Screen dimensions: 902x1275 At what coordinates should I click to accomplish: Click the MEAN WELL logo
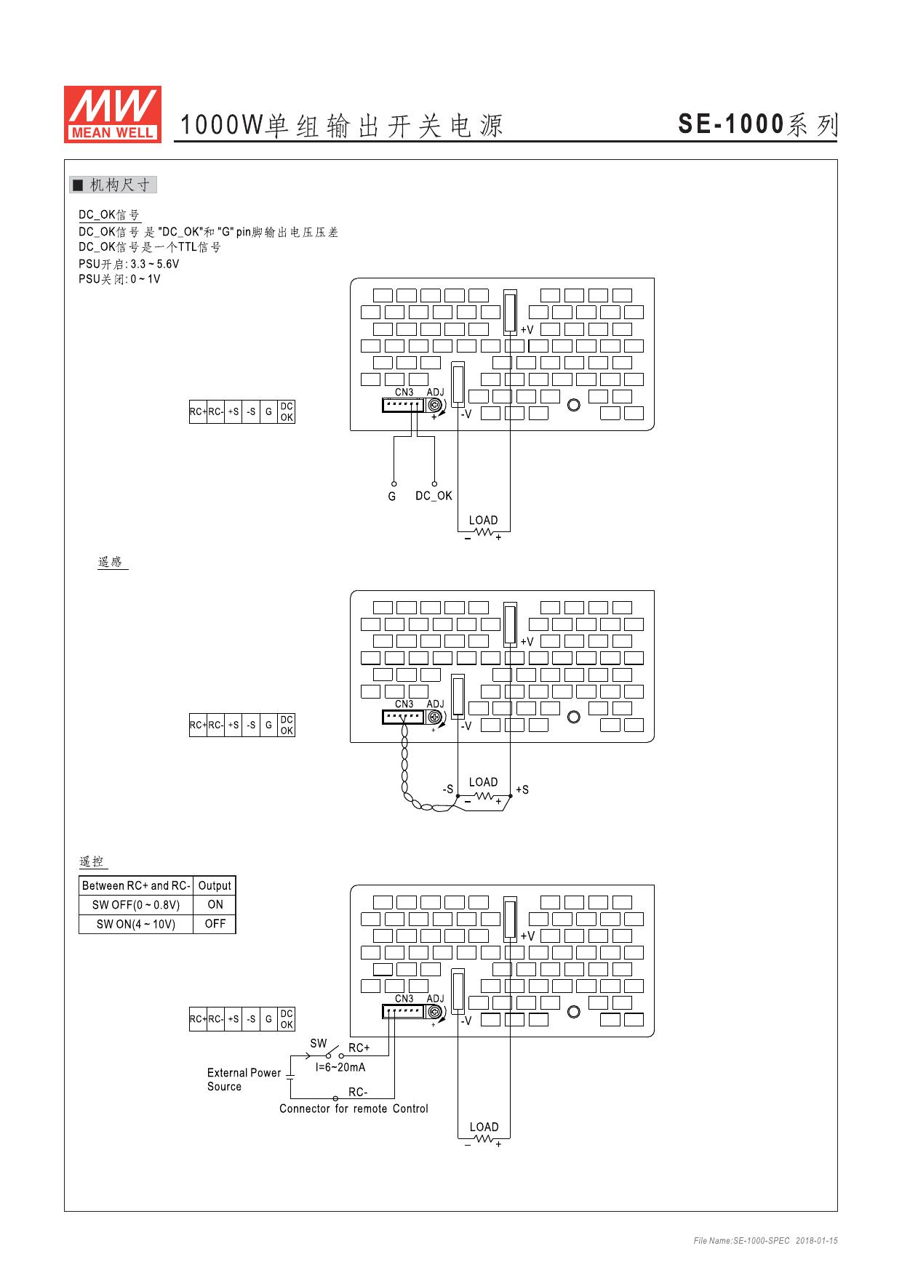coord(112,113)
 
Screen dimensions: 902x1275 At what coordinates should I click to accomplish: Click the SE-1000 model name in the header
coord(731,125)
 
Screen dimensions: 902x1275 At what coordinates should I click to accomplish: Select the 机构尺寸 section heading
coord(113,185)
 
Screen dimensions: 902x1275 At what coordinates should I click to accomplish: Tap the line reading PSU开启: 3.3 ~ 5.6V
coord(129,264)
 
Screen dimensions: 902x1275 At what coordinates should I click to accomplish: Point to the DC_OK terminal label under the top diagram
coord(434,496)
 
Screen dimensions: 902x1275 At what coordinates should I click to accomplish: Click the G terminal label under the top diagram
coord(392,496)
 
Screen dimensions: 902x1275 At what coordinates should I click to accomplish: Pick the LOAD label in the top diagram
coord(483,520)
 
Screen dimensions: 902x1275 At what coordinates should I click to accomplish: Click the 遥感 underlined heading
coord(111,562)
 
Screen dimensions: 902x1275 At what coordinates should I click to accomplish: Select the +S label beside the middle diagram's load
coord(522,789)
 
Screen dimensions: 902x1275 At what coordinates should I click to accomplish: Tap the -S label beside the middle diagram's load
coord(448,789)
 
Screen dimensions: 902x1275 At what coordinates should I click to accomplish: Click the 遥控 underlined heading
coord(92,862)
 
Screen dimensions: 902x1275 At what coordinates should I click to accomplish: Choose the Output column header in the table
coord(215,885)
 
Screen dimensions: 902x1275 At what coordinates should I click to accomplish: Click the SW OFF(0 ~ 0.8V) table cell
coord(136,905)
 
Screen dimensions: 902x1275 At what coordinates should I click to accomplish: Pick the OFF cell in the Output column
coord(215,924)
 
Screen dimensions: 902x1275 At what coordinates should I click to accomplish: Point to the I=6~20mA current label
coord(340,1067)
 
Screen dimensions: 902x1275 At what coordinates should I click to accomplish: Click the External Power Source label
coord(244,1079)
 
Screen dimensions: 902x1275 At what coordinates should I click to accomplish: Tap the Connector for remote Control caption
coord(354,1109)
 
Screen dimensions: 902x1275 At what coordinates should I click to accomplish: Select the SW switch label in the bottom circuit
coord(319,1043)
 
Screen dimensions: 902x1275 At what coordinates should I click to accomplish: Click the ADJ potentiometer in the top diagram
coord(435,405)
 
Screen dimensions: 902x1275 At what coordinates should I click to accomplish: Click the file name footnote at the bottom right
coord(765,1241)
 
